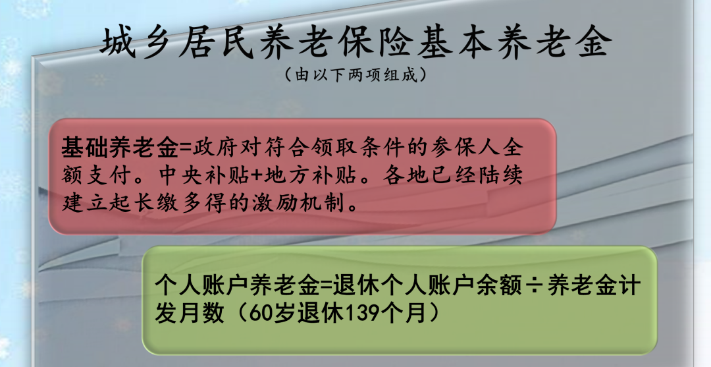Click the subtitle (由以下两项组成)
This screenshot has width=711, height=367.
coord(355,74)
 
